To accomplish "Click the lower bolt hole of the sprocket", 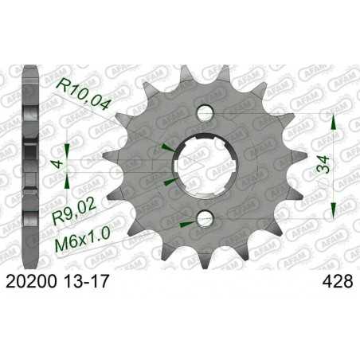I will click(x=205, y=218).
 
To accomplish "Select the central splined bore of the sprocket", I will click(x=205, y=165).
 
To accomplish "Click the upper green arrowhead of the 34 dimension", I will click(x=333, y=120).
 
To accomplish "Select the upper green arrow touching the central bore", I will click(x=167, y=147).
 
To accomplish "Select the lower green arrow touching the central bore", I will click(x=167, y=184).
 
